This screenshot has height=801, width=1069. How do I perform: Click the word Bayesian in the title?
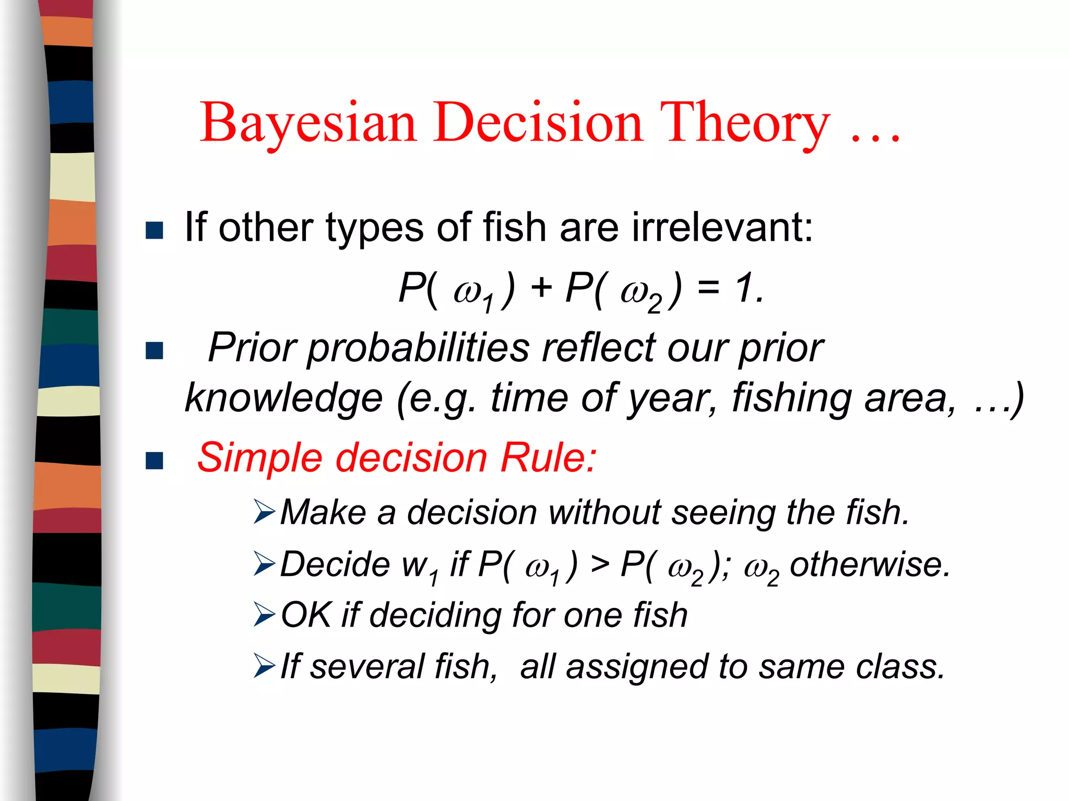coord(308,123)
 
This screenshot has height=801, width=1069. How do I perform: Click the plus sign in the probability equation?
coord(541,288)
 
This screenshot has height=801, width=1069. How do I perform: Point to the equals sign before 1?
coord(708,288)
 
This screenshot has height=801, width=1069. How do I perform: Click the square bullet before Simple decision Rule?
coord(155,461)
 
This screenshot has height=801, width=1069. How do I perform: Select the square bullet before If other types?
coord(155,230)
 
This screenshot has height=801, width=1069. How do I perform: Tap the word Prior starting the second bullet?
coord(252,348)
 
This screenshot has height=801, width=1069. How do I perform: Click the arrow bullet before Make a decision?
coord(264,512)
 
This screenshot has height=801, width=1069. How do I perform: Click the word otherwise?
coord(870,564)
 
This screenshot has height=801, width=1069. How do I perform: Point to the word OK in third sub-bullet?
coord(306,615)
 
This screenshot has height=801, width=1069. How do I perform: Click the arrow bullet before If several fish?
coord(264,666)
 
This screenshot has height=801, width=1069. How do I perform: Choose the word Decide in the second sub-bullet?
coord(335,564)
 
